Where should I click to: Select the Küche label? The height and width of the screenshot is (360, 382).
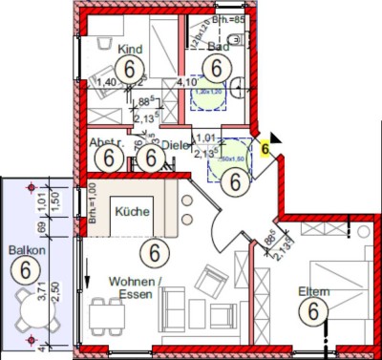point(129,210)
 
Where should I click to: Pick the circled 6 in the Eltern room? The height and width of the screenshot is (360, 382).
point(310,310)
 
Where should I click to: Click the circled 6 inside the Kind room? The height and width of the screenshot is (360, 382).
point(126,69)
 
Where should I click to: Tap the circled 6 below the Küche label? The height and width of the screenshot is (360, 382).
point(150,253)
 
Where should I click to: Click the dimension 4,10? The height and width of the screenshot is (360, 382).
point(186,83)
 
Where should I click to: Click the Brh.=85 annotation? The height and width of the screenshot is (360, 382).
point(230,16)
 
